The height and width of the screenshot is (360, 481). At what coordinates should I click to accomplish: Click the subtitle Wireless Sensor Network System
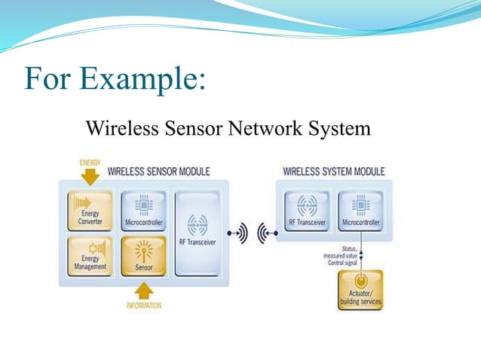[x=228, y=129]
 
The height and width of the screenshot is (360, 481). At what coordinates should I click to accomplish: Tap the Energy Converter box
[x=90, y=212]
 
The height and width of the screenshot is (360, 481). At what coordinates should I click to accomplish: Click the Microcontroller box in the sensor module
[x=143, y=212]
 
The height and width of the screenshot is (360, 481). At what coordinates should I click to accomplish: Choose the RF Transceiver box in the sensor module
[x=198, y=233]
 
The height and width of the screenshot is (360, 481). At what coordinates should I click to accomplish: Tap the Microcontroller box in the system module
[x=359, y=212]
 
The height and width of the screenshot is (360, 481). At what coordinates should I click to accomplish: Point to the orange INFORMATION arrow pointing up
[x=143, y=290]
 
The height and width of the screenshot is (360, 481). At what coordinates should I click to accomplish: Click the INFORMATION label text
[x=143, y=305]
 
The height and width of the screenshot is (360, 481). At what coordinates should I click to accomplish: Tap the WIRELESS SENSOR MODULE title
[x=158, y=172]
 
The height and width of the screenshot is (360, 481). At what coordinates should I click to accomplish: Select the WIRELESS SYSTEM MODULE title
[x=333, y=172]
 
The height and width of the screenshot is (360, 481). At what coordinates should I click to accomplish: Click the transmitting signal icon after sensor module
[x=237, y=233]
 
